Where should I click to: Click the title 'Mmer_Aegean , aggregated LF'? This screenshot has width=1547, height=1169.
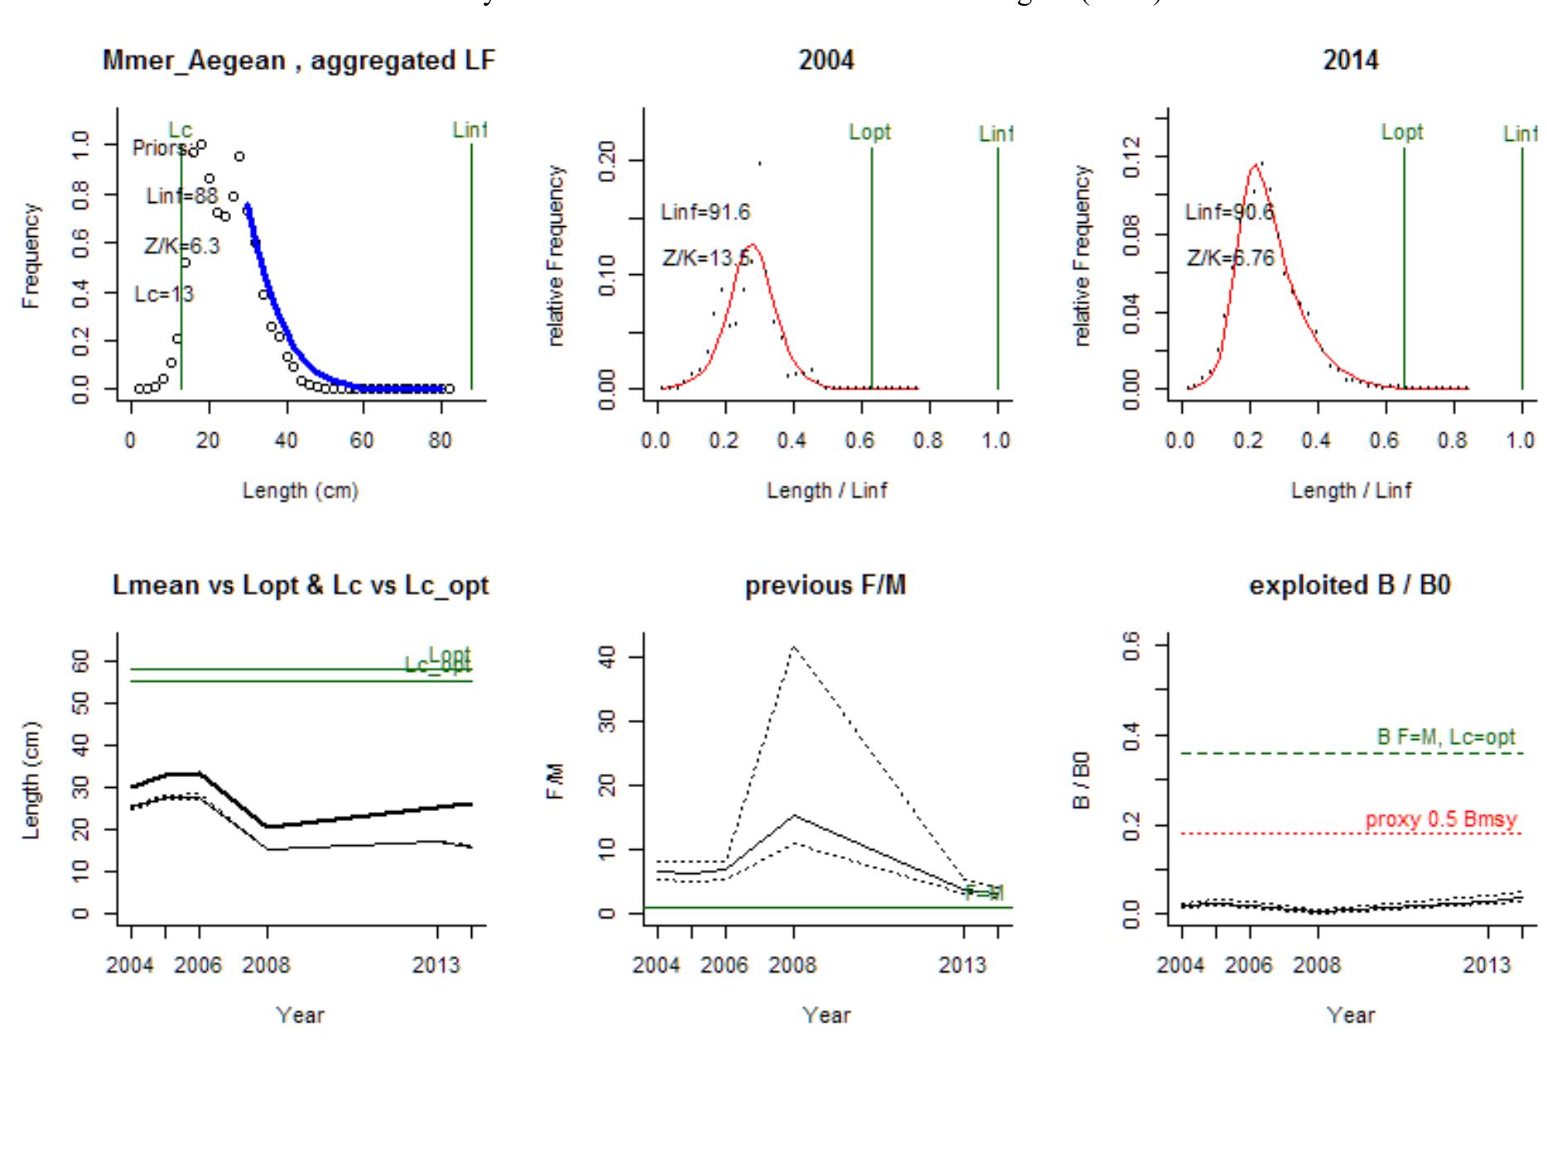299,60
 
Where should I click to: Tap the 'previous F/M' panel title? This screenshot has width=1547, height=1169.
826,586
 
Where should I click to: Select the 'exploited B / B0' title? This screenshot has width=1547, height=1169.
1350,586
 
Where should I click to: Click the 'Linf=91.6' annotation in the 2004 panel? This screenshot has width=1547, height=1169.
706,213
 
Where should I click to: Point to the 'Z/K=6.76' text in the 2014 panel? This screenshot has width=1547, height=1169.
1231,258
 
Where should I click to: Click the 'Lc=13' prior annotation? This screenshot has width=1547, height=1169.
164,295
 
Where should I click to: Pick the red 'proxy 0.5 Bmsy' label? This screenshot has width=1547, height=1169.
1441,820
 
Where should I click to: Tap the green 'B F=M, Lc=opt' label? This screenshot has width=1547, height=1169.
1446,737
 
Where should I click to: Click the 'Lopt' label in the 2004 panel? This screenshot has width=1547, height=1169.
870,133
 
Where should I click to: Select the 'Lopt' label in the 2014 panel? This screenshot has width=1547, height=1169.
1402,133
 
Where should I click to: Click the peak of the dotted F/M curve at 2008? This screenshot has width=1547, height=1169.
793,646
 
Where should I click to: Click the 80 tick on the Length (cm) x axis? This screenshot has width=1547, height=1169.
440,440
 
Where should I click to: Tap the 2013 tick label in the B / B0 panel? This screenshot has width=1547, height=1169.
1487,965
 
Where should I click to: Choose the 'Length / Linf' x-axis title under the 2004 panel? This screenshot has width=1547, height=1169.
826,490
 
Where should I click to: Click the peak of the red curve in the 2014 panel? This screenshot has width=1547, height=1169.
1255,165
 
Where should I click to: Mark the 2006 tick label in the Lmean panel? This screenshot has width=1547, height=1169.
198,965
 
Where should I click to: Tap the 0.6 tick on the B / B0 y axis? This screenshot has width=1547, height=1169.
1134,645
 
